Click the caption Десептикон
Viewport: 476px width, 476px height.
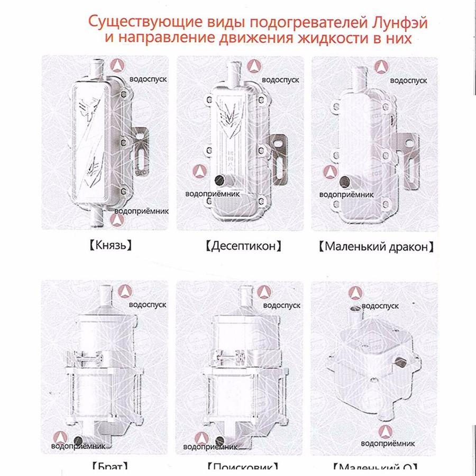coord(242,246)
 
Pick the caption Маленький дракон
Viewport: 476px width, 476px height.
coord(376,246)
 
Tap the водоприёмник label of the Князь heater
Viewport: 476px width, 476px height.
coord(141,210)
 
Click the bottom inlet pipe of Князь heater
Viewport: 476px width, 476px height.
coord(97,215)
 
